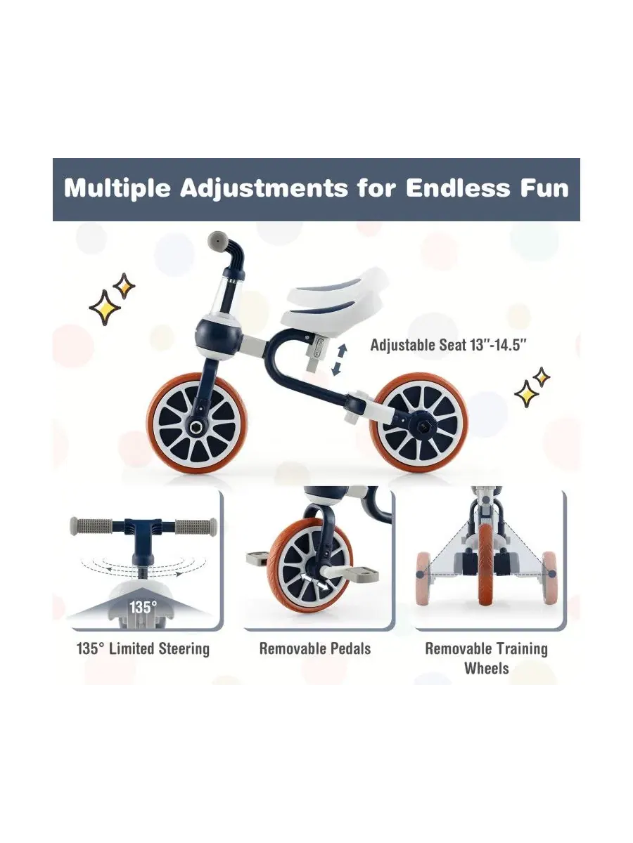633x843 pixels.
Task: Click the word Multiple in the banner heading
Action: click(x=117, y=189)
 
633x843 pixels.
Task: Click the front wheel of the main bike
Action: click(x=197, y=424)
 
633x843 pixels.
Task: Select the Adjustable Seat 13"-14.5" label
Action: click(x=448, y=345)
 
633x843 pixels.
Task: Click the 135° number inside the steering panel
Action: click(x=143, y=607)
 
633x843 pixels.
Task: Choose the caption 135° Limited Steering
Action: click(x=143, y=648)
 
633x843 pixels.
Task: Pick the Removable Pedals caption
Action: click(x=315, y=648)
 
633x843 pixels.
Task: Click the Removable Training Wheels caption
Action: click(x=486, y=658)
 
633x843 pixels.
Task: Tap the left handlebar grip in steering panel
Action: click(x=91, y=525)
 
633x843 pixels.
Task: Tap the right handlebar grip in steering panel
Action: click(x=196, y=525)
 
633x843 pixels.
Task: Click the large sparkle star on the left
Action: click(x=105, y=307)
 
